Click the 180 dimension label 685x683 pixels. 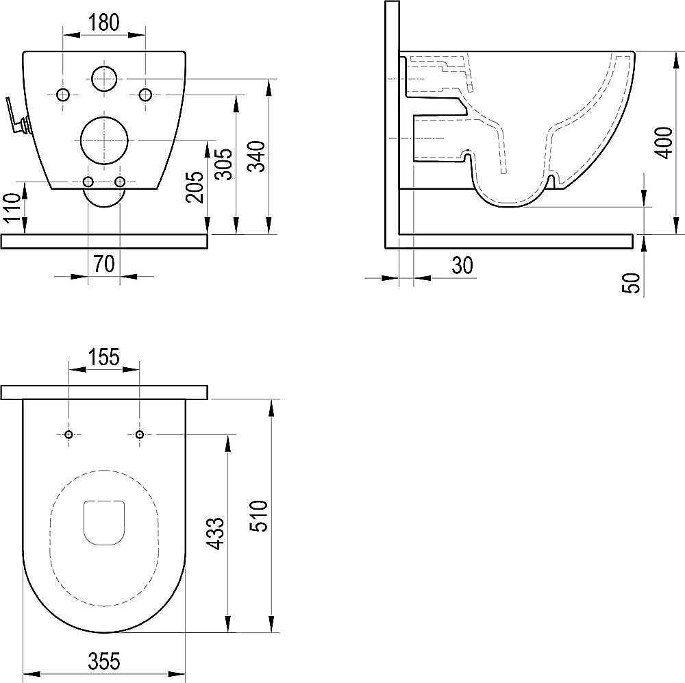click(104, 23)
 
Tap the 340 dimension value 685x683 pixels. click(257, 157)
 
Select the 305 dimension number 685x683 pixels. click(225, 164)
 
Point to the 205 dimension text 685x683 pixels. click(194, 186)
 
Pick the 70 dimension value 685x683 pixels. click(104, 264)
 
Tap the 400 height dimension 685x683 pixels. click(664, 143)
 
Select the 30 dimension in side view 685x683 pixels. click(462, 265)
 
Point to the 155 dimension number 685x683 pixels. click(104, 358)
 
